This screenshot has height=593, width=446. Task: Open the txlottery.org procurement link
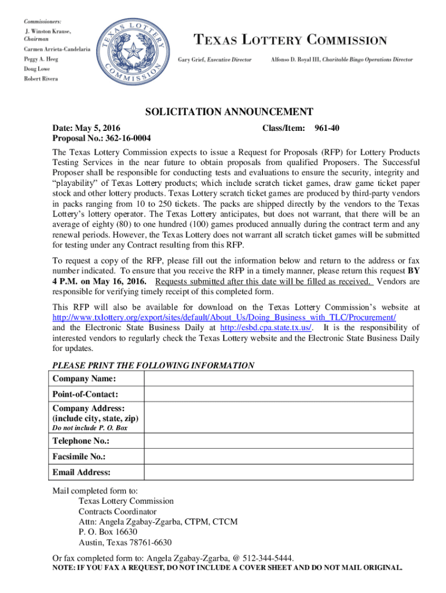(224, 317)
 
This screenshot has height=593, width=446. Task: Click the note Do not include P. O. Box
(90, 428)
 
